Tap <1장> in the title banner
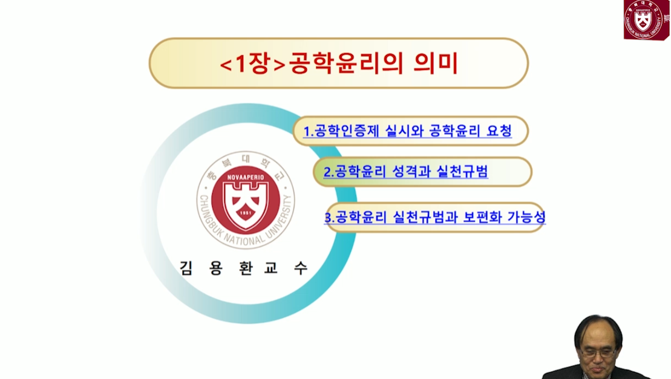coord(252,63)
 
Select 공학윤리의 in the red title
coord(347,63)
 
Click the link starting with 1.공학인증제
coord(407,131)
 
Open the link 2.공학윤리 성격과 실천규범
coord(405,172)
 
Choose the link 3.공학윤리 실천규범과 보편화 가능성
coord(435,217)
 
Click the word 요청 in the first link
coord(499,131)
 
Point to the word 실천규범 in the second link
coord(462,172)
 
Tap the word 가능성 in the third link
coord(526,217)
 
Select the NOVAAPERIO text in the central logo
coord(246,177)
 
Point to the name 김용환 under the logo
coord(215,268)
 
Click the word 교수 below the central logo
coord(286,268)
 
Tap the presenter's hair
coord(598,329)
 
